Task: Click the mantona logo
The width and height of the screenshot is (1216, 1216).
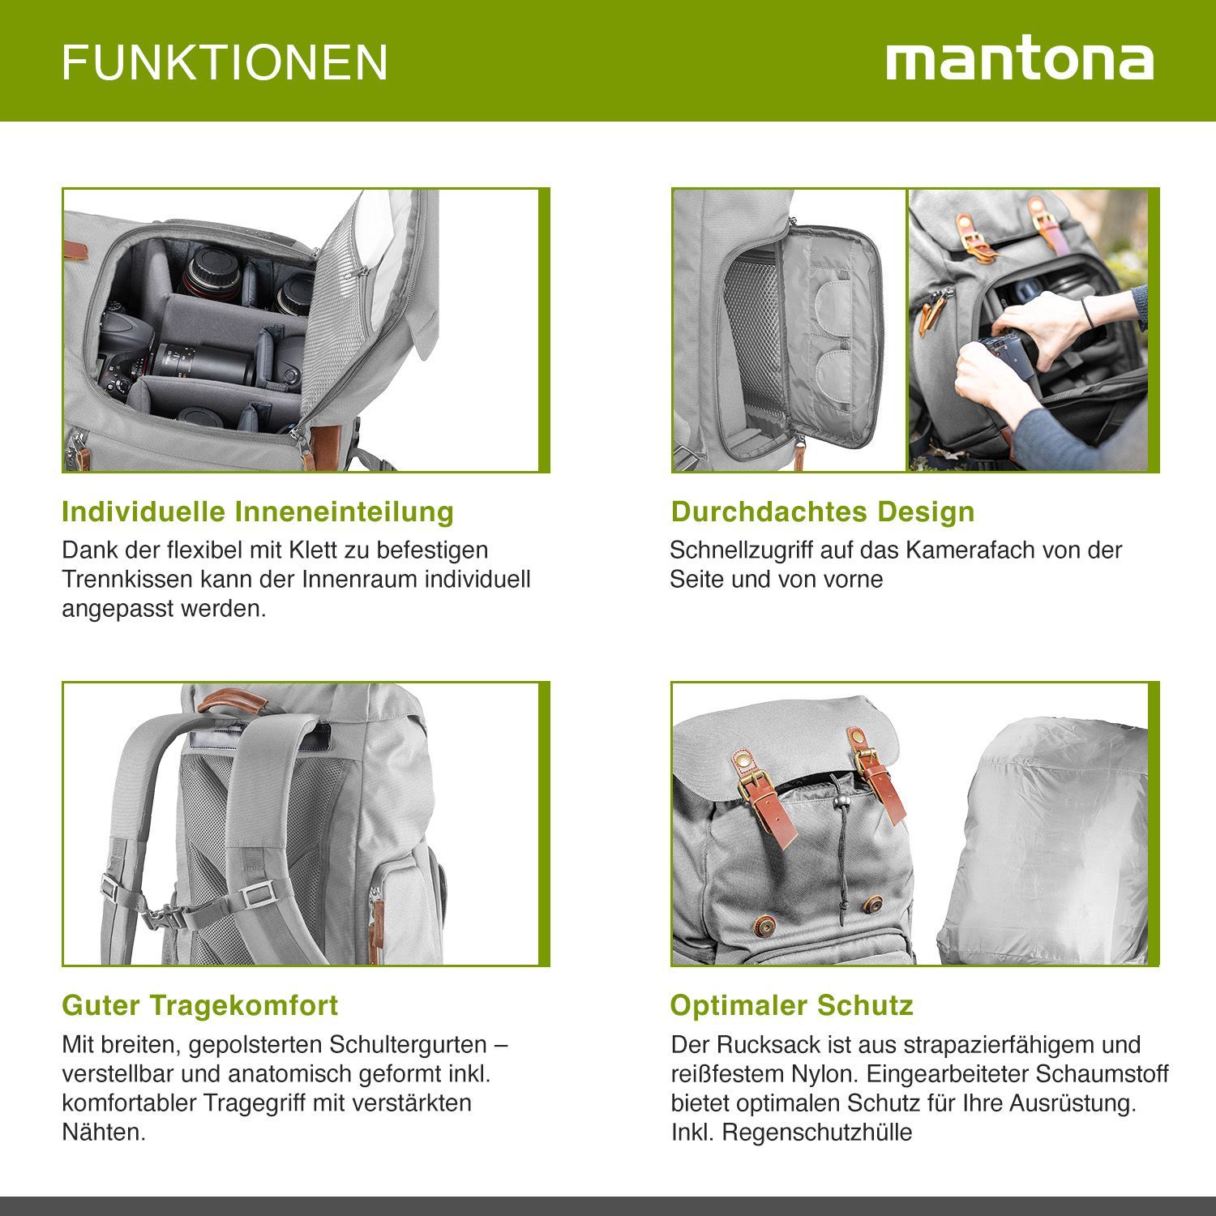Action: (1020, 61)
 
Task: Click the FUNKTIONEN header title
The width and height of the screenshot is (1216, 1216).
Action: (225, 62)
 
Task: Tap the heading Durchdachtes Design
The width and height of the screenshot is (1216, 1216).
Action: (823, 512)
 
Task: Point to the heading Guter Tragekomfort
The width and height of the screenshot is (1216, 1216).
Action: (200, 1005)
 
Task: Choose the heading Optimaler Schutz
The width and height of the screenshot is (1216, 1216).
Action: (792, 1005)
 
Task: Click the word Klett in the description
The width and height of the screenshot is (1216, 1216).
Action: (307, 550)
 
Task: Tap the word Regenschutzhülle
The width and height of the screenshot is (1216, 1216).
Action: (817, 1132)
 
